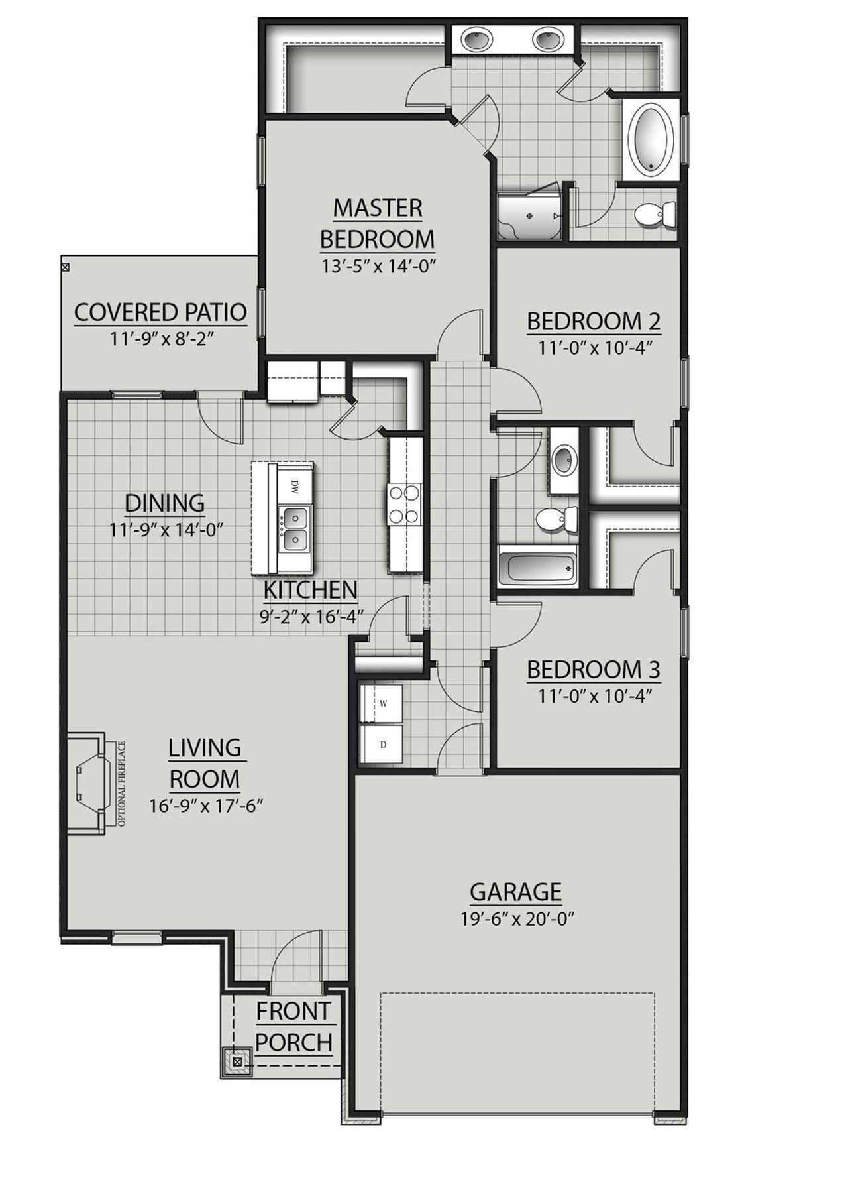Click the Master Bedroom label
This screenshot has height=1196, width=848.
[377, 223]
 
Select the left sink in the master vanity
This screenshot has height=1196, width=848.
[478, 40]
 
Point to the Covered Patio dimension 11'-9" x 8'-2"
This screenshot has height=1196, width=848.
[160, 338]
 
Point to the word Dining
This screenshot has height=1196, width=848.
[165, 503]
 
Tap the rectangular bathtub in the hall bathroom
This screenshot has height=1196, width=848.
[537, 570]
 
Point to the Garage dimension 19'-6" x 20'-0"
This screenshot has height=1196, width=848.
[516, 919]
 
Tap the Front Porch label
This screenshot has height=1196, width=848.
[293, 1027]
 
